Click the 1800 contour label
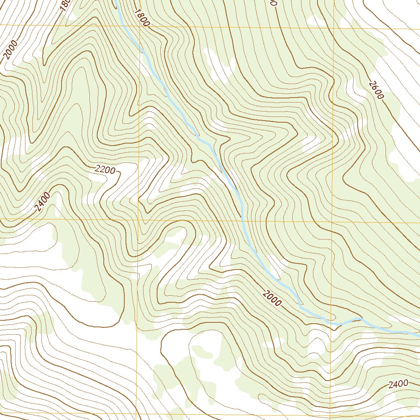coord(141,18)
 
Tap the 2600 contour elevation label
coord(376,90)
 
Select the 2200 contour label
coord(105,169)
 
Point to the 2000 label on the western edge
coord(11,50)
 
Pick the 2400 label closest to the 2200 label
coord(43,201)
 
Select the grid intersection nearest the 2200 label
coord(138,220)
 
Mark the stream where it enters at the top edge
coord(116,1)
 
